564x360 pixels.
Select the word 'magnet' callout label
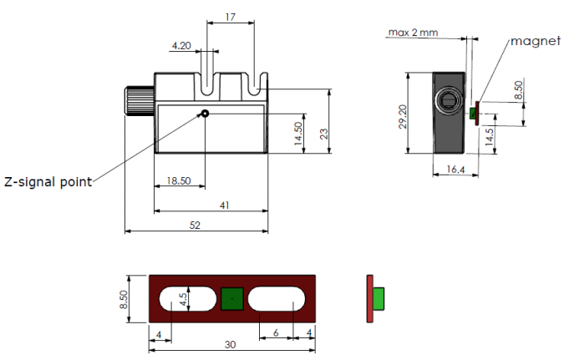[x=534, y=40]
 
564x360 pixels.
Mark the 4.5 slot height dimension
[x=188, y=299]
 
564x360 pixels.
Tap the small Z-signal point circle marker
[x=203, y=114]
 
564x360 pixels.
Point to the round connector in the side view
[x=447, y=101]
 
